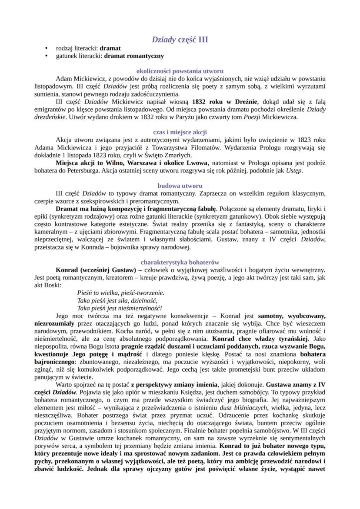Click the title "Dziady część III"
pos(180,40)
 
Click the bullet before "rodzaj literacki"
pos(46,49)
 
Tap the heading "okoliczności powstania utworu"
pos(180,70)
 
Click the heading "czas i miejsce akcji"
pos(180,132)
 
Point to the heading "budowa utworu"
pos(180,185)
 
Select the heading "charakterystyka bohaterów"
pos(180,262)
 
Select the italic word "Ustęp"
pos(293,170)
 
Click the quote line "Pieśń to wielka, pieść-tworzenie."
pos(120,293)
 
